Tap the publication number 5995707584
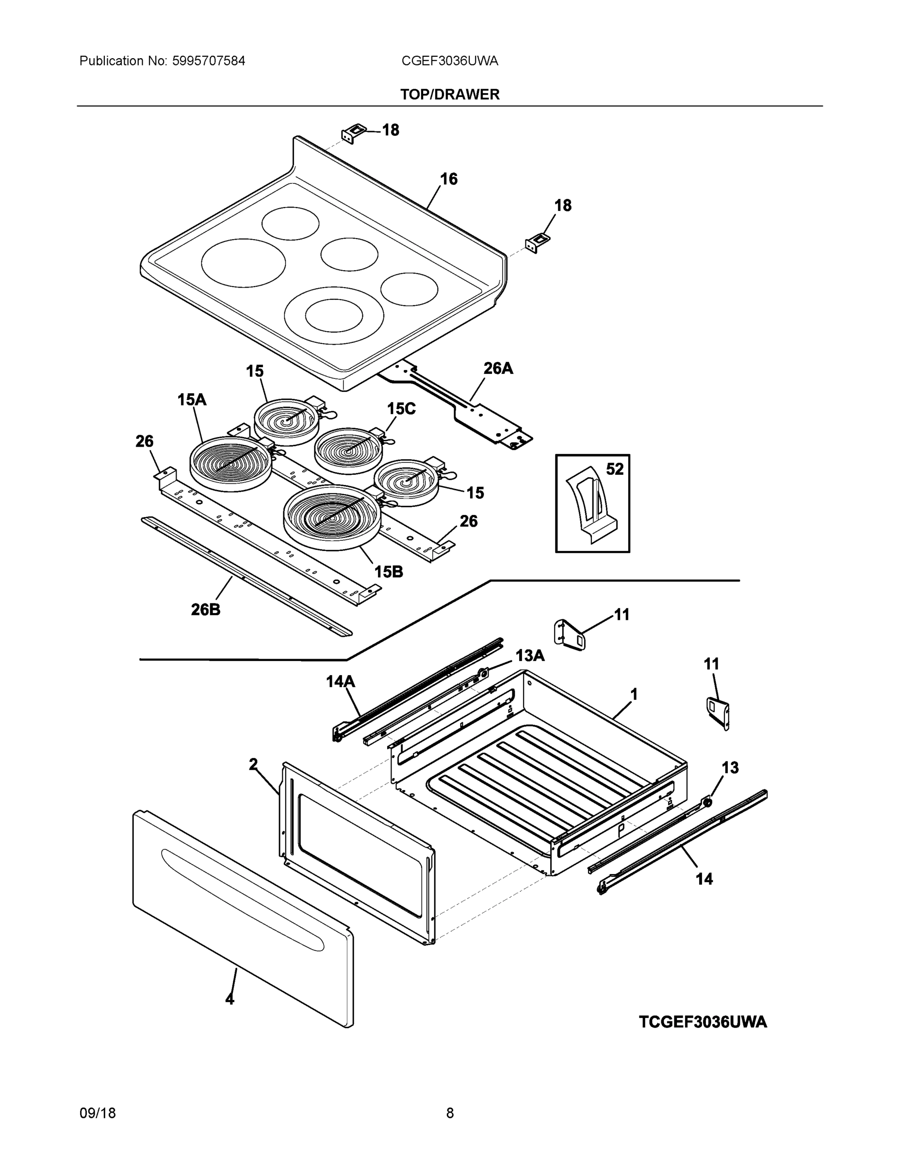point(209,61)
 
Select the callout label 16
point(448,179)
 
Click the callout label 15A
point(192,400)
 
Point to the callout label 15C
point(401,409)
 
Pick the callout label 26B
point(205,610)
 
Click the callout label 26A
point(498,368)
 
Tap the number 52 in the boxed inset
point(615,469)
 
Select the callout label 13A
point(529,656)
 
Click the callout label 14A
point(341,681)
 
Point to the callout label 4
point(230,999)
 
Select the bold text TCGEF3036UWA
point(703,1022)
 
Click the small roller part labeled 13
point(707,802)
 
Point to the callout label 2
point(253,765)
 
